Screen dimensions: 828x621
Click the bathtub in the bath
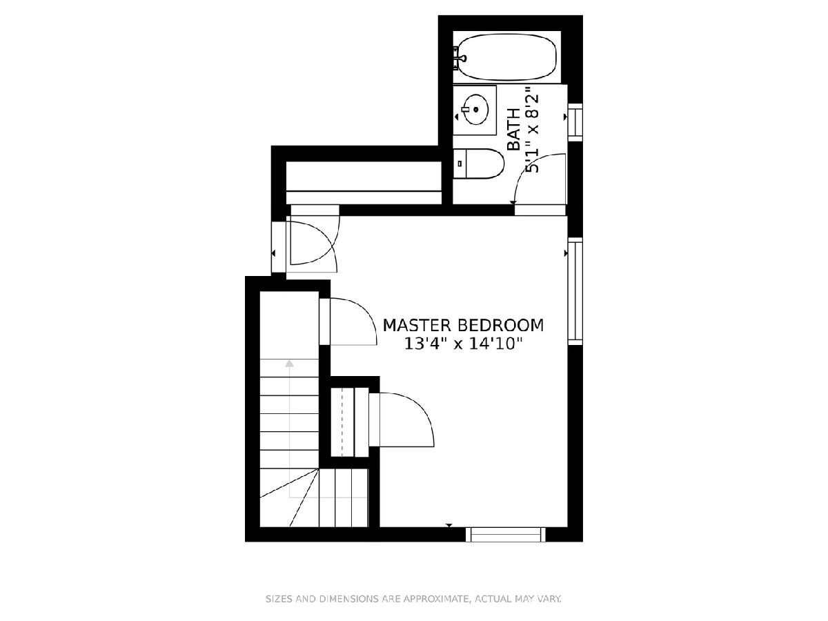pos(506,57)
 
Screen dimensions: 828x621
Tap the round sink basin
pos(476,109)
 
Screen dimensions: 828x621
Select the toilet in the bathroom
pos(478,164)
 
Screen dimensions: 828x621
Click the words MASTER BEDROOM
pos(463,326)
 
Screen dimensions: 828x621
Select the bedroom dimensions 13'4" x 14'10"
pos(463,344)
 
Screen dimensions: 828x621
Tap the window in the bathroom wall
pos(575,122)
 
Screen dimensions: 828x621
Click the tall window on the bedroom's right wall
pos(575,290)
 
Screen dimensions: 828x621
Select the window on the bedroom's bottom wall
pos(506,535)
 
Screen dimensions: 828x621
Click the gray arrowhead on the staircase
pos(289,364)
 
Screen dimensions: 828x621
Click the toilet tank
pos(460,164)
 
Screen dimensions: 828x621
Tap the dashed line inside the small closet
pos(342,422)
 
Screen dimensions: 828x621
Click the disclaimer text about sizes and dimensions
pos(413,599)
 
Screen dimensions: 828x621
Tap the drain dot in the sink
pos(475,109)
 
